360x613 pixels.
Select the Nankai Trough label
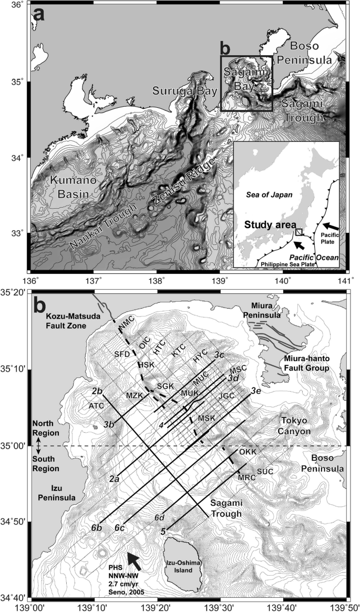[x=105, y=228]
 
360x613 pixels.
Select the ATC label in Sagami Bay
[x=96, y=406]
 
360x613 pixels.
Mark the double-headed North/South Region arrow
[x=37, y=446]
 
